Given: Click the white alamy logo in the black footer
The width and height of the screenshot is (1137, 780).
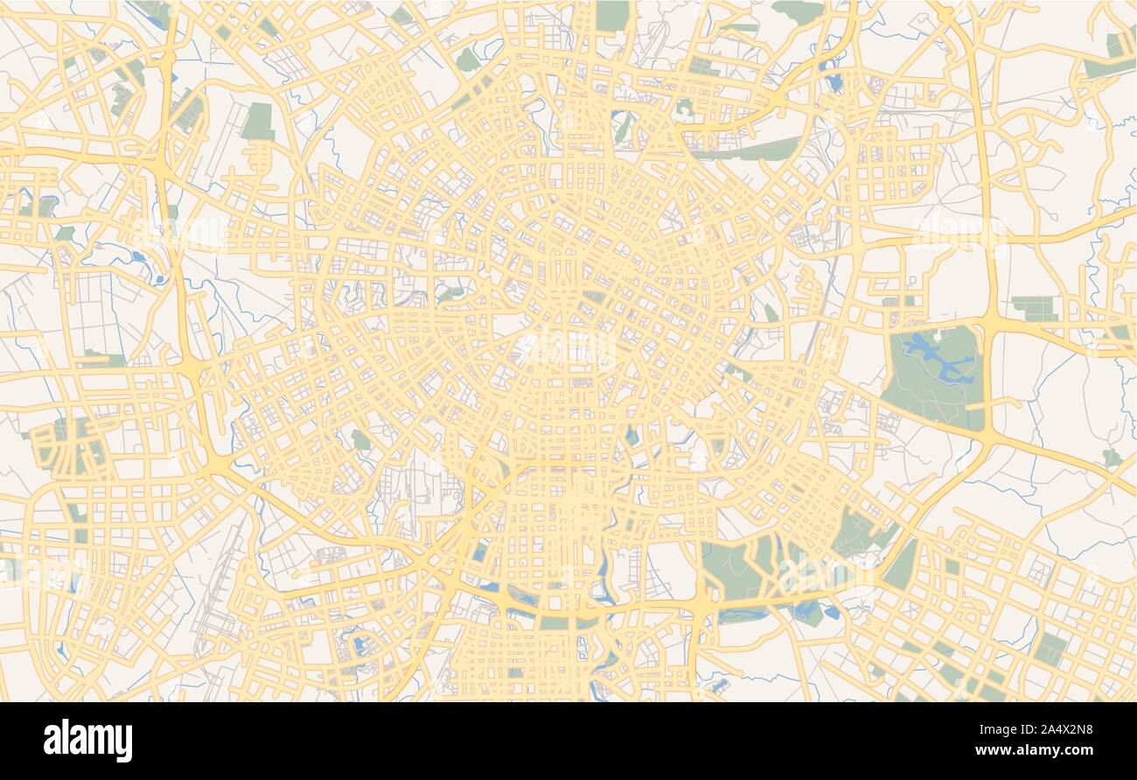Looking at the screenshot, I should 87,741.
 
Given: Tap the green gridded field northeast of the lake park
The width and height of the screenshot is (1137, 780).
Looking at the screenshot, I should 1035,309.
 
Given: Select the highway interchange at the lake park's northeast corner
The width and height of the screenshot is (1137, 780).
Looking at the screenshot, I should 990,320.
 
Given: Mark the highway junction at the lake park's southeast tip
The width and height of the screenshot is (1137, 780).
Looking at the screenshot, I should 985,435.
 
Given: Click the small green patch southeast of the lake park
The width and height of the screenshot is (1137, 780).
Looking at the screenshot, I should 1110,457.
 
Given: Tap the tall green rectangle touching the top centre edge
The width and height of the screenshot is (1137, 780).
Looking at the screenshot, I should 612,15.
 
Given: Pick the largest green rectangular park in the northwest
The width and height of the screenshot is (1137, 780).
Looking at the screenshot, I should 257,122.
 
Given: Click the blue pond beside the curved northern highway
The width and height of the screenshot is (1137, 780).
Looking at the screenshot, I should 834,81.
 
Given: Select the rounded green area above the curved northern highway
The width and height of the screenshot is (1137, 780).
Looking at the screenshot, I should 798,10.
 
